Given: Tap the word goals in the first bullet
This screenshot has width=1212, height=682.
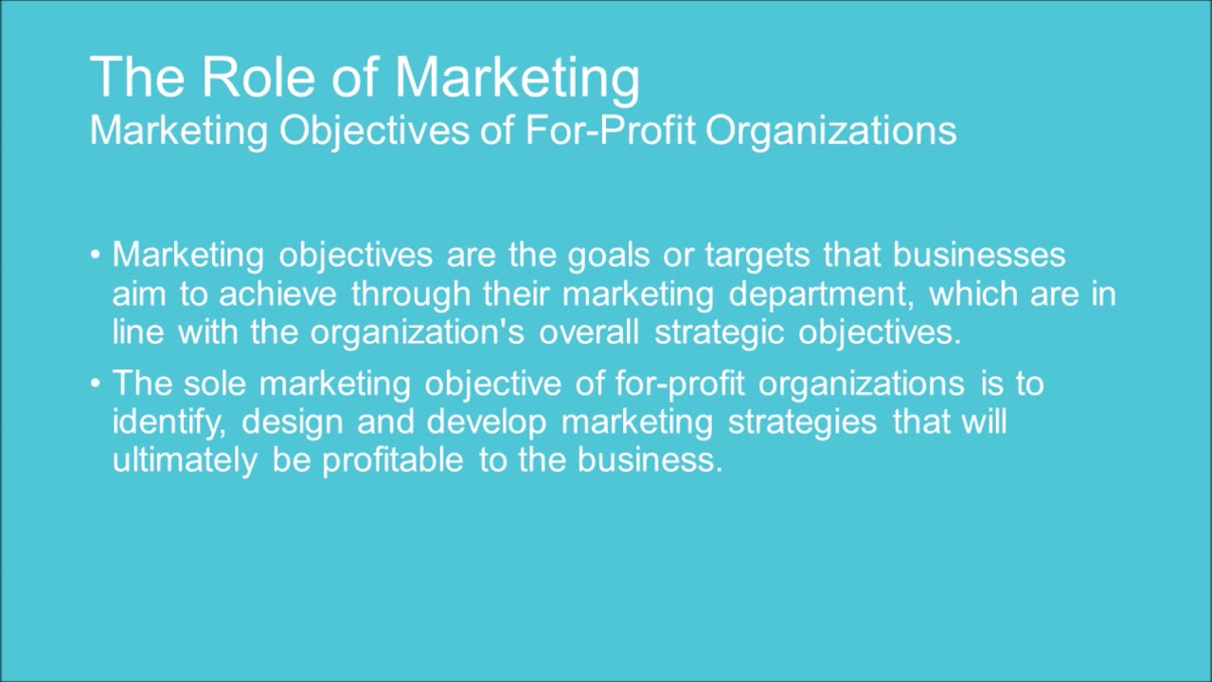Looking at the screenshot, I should pos(610,255).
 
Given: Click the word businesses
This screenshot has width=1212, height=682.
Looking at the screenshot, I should pos(979,255).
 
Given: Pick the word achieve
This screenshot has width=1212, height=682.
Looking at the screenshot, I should pos(277,295).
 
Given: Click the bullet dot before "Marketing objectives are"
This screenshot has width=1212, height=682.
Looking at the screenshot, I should pos(96,256).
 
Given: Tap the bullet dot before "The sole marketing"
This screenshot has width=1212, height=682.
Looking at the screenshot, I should pos(96,385).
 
